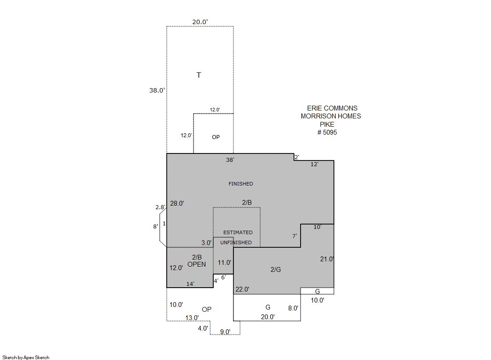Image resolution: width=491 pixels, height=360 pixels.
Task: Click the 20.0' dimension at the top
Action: click(200, 22)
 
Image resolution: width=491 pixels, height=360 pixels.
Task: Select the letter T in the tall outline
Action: click(198, 75)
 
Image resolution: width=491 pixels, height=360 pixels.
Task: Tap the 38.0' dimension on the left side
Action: click(157, 90)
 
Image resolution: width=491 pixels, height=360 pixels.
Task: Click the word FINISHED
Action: click(240, 184)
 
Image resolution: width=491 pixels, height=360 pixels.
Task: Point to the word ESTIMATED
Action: click(238, 232)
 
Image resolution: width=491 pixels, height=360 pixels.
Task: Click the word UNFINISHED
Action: click(236, 242)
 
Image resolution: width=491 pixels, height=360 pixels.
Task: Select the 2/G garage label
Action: click(276, 269)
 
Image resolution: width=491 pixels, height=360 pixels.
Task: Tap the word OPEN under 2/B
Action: click(197, 264)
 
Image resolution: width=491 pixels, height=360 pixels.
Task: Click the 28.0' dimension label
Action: click(177, 203)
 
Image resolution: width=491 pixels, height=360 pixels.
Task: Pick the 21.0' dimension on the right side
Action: click(327, 259)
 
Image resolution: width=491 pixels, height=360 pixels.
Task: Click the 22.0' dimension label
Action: click(242, 289)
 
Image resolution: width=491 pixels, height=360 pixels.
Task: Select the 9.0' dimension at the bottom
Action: click(225, 331)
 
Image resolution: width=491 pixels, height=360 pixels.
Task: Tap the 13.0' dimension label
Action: click(192, 318)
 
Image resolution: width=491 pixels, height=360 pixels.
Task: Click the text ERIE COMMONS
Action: click(332, 108)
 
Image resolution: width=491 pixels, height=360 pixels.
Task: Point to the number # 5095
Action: click(327, 132)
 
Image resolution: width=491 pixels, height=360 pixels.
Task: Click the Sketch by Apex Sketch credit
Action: click(26, 357)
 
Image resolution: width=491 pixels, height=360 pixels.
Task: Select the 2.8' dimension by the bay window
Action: click(160, 207)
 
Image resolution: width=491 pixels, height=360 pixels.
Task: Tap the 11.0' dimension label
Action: click(225, 262)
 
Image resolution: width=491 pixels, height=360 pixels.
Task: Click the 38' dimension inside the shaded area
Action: click(230, 160)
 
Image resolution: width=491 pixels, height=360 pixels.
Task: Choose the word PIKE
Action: click(327, 124)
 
